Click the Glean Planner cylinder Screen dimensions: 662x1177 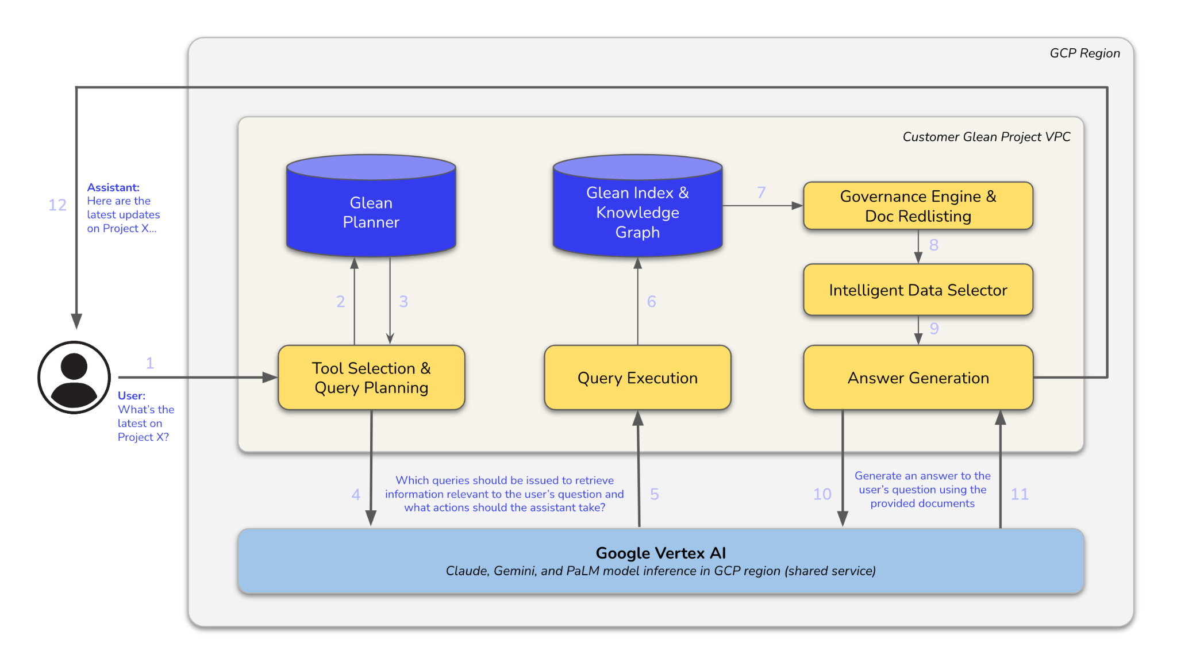point(371,212)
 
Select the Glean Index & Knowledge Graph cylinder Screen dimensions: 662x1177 point(637,212)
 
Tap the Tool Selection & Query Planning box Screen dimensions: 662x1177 point(371,378)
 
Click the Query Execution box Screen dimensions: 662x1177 point(637,378)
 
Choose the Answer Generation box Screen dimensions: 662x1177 point(918,378)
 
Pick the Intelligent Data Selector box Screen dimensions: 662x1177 point(918,290)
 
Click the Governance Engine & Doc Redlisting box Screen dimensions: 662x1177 point(918,206)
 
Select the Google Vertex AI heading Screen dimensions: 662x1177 point(661,553)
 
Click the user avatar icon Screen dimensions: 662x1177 point(74,378)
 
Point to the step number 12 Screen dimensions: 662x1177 point(57,205)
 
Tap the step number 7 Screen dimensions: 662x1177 point(761,193)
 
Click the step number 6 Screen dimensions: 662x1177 point(651,302)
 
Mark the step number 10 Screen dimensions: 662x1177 point(822,494)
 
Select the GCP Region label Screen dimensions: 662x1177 point(1084,53)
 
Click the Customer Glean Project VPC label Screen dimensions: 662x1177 point(986,137)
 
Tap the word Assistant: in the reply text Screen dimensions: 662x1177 point(113,187)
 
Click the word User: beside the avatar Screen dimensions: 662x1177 point(132,395)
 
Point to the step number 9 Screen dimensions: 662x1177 point(934,329)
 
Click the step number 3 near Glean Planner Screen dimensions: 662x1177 point(403,302)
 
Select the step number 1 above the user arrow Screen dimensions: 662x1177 point(150,363)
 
